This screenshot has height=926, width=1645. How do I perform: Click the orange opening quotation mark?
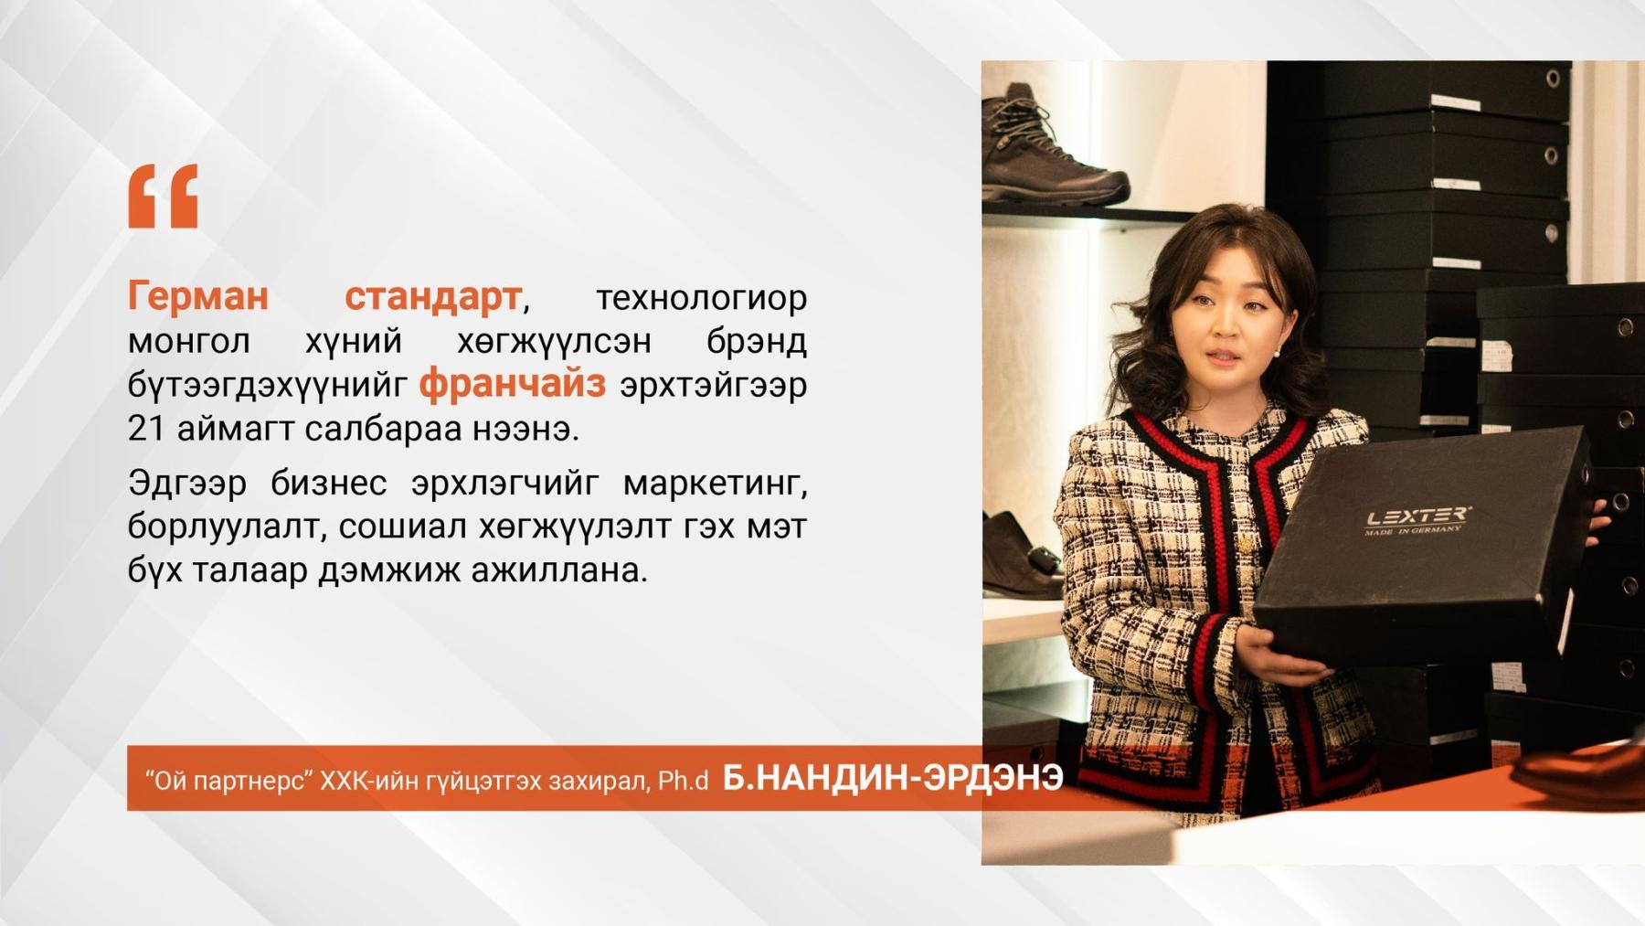pyautogui.click(x=163, y=196)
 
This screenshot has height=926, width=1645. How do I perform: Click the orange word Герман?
pyautogui.click(x=198, y=295)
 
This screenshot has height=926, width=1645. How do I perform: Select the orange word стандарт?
pyautogui.click(x=432, y=295)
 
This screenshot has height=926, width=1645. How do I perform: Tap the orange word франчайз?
pyautogui.click(x=512, y=383)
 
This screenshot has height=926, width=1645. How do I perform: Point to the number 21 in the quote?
pyautogui.click(x=146, y=428)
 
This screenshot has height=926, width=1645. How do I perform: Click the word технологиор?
pyautogui.click(x=701, y=297)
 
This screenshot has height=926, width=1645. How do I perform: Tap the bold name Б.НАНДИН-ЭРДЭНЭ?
pyautogui.click(x=893, y=777)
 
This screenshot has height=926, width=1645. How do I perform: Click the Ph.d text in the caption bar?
pyautogui.click(x=683, y=780)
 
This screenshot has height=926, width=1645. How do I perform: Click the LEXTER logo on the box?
pyautogui.click(x=1417, y=518)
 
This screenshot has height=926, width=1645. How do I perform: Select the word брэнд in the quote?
pyautogui.click(x=756, y=341)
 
